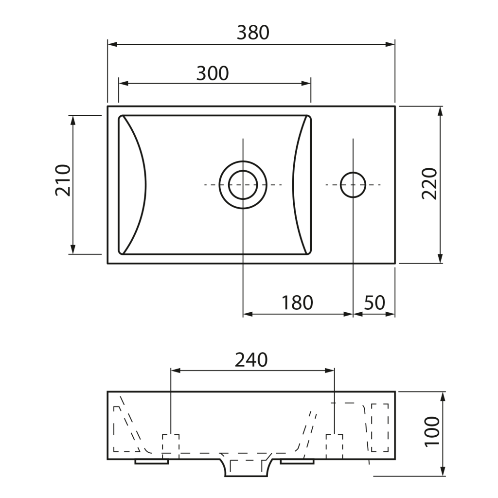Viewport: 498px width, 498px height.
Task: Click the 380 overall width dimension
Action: click(x=253, y=33)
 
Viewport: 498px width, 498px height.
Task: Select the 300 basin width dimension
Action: click(x=213, y=73)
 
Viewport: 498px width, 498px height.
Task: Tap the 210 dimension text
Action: click(x=63, y=180)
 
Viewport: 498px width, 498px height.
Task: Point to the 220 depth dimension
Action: click(x=430, y=183)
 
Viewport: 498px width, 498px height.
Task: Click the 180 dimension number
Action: click(x=297, y=302)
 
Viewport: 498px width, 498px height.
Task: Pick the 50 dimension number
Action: click(x=374, y=302)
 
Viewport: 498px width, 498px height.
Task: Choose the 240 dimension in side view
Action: click(x=251, y=360)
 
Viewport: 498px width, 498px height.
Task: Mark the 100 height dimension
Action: click(x=432, y=431)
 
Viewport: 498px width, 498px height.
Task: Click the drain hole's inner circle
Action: click(x=243, y=171)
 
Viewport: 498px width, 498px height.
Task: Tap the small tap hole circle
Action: click(x=353, y=173)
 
